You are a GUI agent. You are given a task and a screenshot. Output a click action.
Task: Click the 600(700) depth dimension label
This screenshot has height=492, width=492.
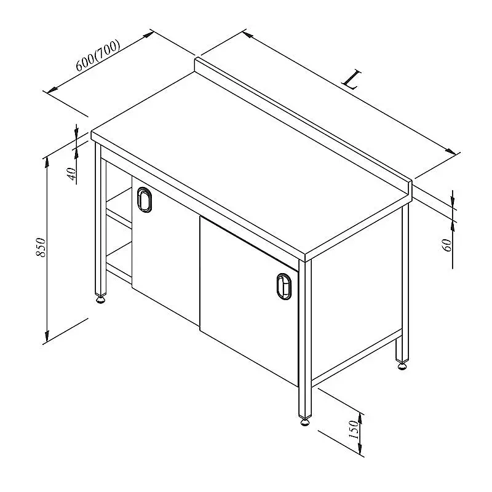coord(98,55)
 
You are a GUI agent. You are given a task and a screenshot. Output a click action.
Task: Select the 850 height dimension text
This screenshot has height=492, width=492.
coord(41,247)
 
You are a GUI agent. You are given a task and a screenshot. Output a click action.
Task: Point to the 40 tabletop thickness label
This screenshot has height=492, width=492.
coord(72,174)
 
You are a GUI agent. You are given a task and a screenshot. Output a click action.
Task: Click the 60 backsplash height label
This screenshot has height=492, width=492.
coord(447,245)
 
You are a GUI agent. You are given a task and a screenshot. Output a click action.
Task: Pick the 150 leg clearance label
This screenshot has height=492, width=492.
coord(353,429)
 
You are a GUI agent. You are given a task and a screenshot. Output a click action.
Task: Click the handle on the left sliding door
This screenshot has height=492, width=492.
coord(144,199)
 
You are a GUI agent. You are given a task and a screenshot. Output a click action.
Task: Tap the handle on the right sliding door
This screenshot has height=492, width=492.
coord(284,287)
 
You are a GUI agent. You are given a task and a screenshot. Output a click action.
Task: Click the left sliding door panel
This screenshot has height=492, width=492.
coord(165,248)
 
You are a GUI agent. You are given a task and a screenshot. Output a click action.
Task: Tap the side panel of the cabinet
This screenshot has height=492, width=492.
coord(357,295)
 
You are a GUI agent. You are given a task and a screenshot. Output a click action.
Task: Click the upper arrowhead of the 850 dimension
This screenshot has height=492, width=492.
coord(47,161)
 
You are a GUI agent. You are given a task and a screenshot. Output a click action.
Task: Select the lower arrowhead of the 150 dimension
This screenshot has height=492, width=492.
coord(360,448)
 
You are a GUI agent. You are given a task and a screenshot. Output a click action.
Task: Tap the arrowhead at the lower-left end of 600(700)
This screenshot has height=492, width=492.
coord(52,90)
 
